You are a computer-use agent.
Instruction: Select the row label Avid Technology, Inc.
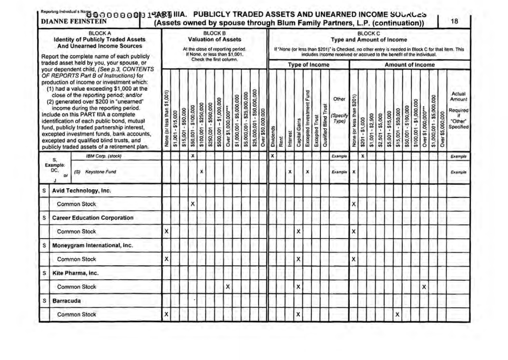[x=81, y=190]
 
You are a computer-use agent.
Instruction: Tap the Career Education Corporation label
[x=93, y=218]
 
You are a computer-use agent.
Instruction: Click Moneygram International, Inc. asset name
[x=92, y=245]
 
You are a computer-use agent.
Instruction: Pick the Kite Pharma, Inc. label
[x=75, y=273]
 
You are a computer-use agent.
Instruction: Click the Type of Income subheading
[x=308, y=65]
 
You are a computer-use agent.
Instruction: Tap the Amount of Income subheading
[x=409, y=65]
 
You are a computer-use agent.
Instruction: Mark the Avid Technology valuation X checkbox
[x=193, y=204]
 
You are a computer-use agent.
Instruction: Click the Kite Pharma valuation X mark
[x=228, y=287]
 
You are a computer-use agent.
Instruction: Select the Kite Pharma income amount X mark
[x=424, y=287]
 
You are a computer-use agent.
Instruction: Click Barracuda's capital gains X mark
[x=299, y=314]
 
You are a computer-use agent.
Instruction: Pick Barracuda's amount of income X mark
[x=397, y=314]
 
